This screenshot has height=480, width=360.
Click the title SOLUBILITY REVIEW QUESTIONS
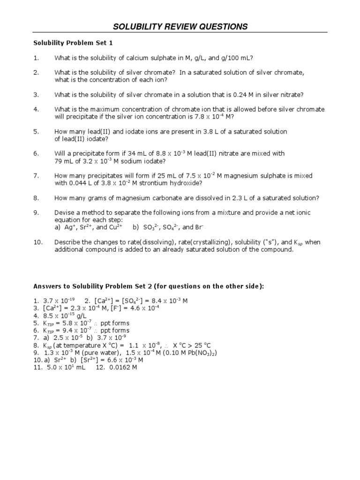point(180,27)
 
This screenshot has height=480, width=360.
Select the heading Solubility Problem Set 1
point(73,43)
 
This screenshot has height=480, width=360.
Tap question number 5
point(36,132)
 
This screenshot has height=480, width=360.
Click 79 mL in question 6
point(63,161)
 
